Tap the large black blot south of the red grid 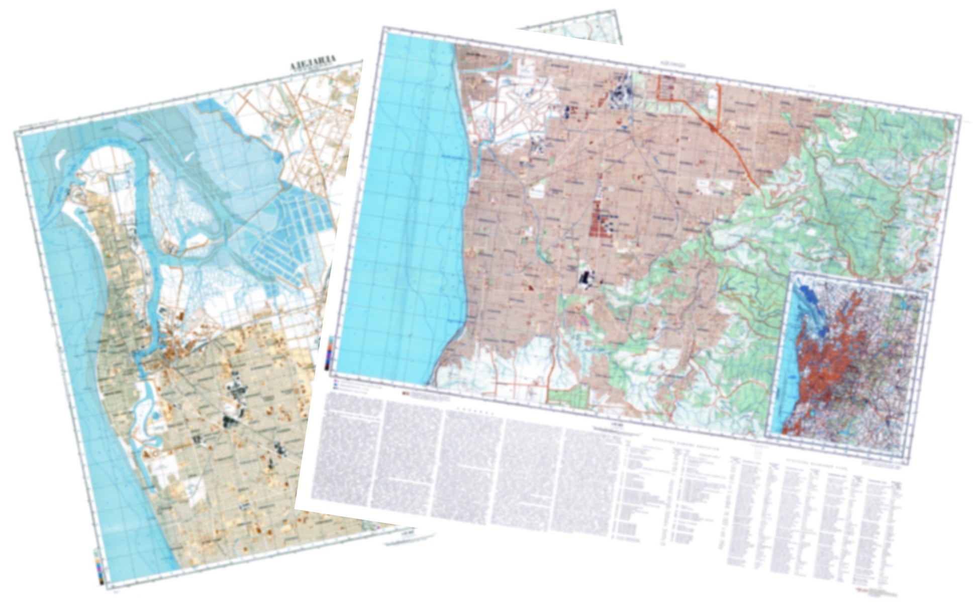point(585,278)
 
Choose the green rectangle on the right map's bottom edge point(568,396)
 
